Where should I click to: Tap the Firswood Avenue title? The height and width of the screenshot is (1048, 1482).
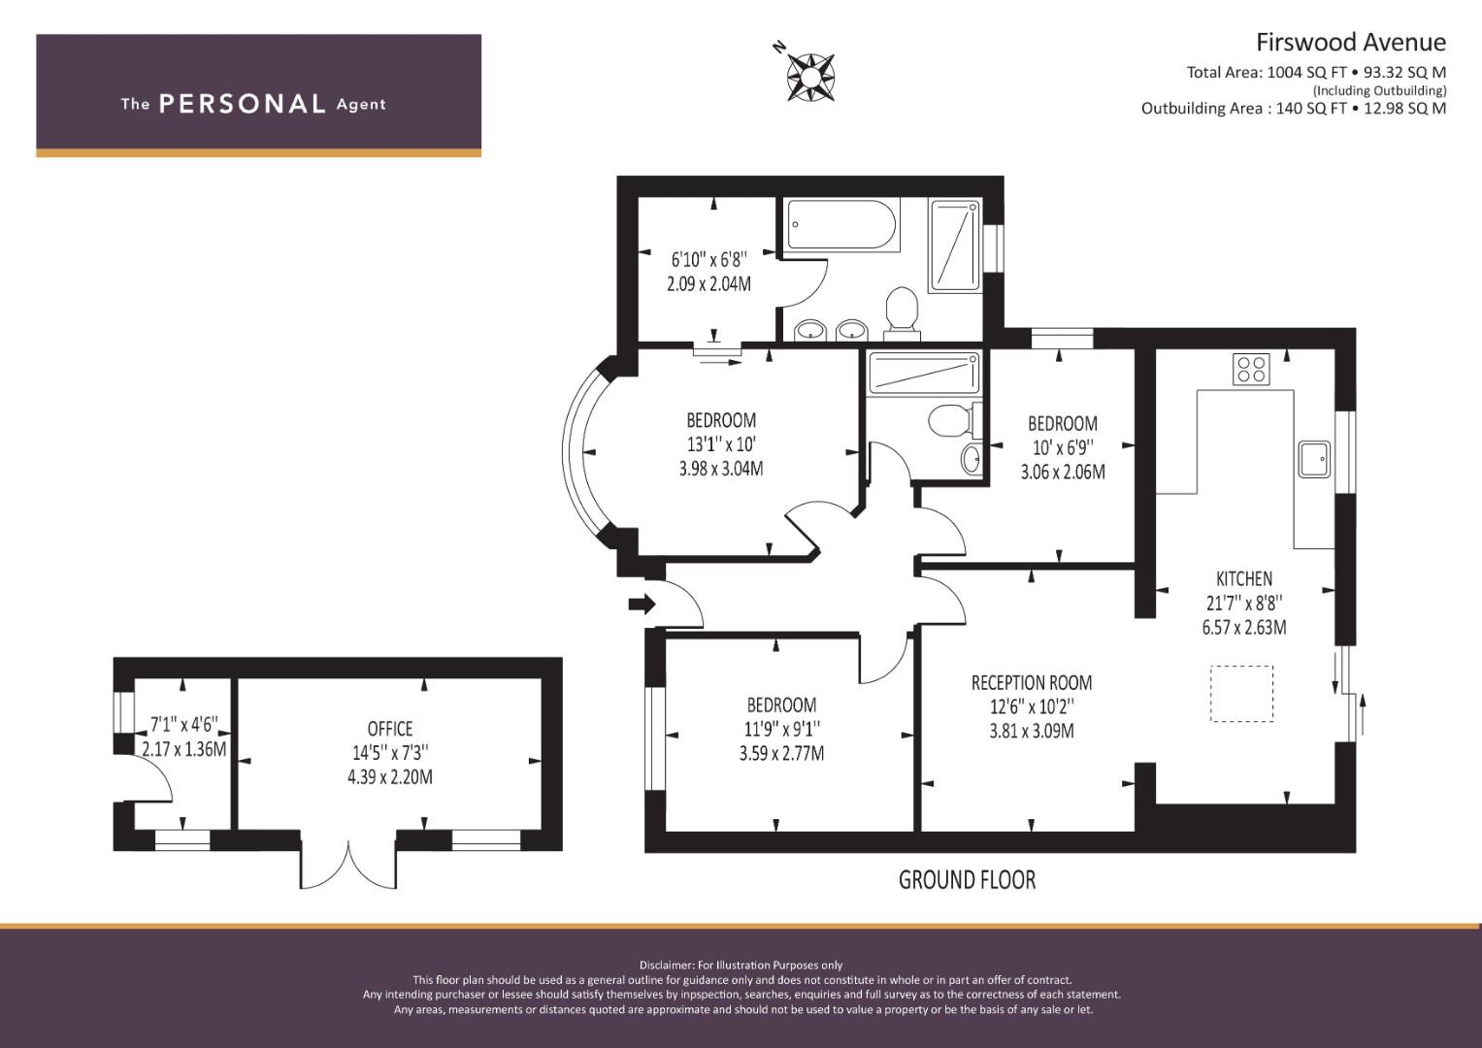1351,43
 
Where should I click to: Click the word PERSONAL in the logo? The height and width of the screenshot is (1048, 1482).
243,104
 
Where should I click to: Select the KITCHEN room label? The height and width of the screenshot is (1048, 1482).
1244,579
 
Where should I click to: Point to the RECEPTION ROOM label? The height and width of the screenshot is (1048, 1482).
1032,683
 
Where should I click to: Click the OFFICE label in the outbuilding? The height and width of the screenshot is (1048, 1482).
390,729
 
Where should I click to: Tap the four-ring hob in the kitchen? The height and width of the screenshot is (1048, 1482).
1251,370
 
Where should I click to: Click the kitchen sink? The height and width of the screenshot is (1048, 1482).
1314,459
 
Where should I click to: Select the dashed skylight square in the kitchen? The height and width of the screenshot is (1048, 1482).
1242,694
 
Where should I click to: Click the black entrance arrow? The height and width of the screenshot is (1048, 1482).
642,604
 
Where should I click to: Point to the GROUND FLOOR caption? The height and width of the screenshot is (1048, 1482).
967,880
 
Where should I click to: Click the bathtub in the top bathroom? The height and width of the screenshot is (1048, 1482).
840,224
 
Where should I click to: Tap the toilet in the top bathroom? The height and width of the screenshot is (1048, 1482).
903,312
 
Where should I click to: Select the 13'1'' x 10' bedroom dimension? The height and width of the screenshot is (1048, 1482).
721,444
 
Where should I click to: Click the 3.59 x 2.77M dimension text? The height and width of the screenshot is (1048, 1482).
781,753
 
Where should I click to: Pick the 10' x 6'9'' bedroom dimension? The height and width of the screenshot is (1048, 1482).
1063,448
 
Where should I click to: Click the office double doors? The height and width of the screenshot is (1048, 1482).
348,864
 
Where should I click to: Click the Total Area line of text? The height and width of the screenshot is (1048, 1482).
1317,72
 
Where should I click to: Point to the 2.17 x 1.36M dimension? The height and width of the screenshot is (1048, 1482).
184,749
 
